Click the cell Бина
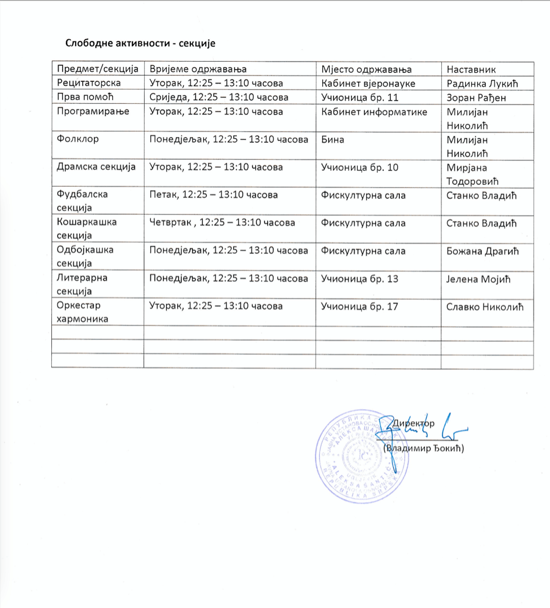point(332,139)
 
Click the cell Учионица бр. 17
point(360,306)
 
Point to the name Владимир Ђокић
point(424,449)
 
